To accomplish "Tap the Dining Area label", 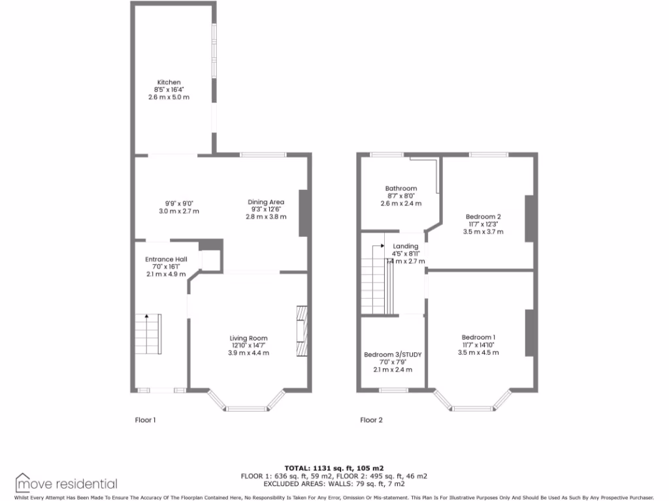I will (x=266, y=202).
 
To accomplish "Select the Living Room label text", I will (x=248, y=338).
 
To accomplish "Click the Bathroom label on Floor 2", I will (x=400, y=189).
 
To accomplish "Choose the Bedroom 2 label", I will (x=483, y=217).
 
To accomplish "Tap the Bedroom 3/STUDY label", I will (x=393, y=355).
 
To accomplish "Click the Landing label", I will (x=406, y=246).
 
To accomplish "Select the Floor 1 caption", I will (x=145, y=420).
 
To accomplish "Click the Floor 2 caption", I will (x=372, y=420).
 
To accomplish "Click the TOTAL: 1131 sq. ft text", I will (x=334, y=468).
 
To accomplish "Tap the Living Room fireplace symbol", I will (x=301, y=331).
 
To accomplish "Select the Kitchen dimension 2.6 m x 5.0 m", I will (x=169, y=97).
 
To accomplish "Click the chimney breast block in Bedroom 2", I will (x=529, y=217).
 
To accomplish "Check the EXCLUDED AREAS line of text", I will (x=334, y=484).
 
